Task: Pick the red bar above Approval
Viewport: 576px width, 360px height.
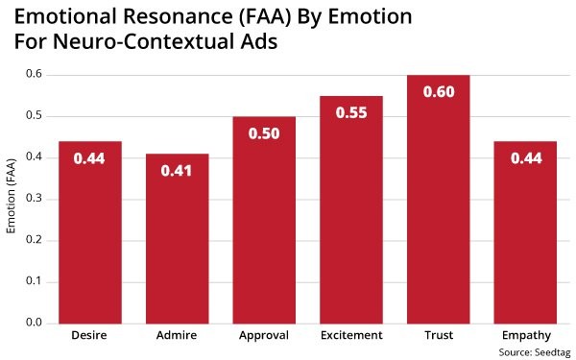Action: [x=264, y=220]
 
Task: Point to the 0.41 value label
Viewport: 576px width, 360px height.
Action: [x=178, y=171]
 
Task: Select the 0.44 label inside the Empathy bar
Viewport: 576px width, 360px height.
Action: [x=525, y=158]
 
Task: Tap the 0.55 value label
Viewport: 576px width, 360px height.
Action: [x=351, y=112]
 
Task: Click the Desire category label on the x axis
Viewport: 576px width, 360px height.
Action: [x=90, y=336]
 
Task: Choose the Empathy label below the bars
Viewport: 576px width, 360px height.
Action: [x=525, y=336]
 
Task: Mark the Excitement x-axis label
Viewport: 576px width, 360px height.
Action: [x=351, y=336]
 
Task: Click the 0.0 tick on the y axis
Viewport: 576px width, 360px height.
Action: [x=34, y=324]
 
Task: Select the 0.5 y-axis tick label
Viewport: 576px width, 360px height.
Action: [x=34, y=116]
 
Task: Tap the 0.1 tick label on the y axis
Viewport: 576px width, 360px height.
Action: [x=34, y=282]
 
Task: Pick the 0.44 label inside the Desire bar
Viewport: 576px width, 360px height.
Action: [x=90, y=158]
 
